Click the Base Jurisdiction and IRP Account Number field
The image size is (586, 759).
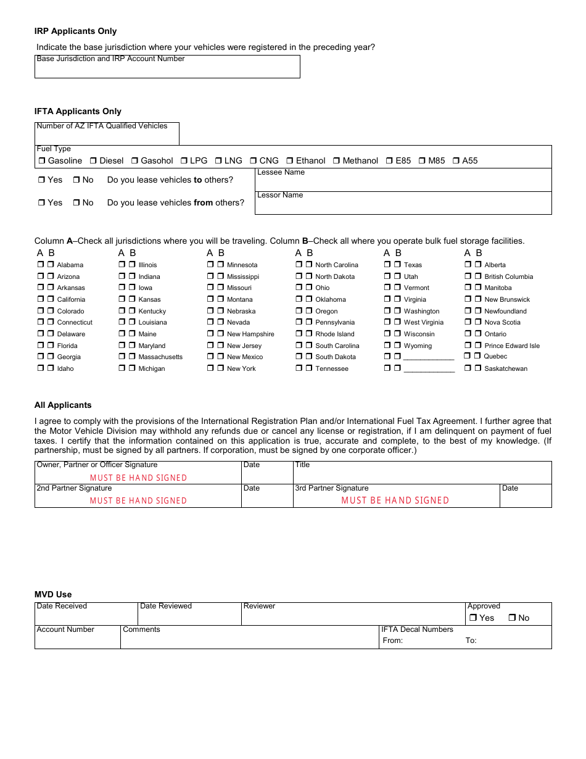[167, 70]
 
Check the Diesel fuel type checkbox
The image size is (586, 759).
[94, 161]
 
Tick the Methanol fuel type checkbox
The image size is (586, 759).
[337, 161]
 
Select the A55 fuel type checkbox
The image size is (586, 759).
[456, 161]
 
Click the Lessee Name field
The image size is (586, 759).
[403, 183]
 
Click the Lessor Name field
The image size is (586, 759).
[403, 206]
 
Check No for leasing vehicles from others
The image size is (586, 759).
[76, 203]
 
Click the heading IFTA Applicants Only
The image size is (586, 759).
[78, 112]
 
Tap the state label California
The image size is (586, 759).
[71, 300]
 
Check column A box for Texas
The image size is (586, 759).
[387, 265]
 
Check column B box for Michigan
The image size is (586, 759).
[132, 368]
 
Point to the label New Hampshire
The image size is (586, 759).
[250, 334]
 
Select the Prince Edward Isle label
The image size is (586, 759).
[511, 346]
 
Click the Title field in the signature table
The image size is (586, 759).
[422, 475]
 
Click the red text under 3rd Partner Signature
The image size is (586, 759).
[395, 500]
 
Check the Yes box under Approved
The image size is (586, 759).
[473, 618]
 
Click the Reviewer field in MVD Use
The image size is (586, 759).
[353, 616]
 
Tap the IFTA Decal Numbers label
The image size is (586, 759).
[417, 629]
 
